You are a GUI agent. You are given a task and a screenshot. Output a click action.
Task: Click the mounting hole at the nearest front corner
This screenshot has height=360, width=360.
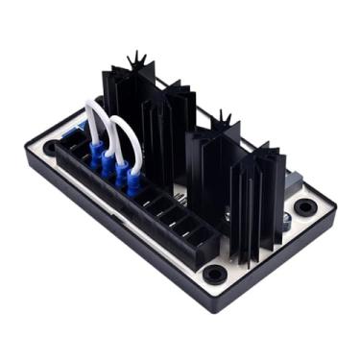coord(212,276)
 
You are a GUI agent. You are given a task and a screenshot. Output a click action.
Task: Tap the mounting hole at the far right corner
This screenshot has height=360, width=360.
coord(305,206)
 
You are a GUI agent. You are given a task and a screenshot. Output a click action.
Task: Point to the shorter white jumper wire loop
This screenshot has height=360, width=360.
coord(122,134)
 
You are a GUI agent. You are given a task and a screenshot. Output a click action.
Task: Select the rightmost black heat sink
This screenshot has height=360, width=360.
coord(256,197)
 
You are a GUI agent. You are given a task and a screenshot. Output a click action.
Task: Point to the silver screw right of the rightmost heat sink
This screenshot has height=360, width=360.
coord(285,220)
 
